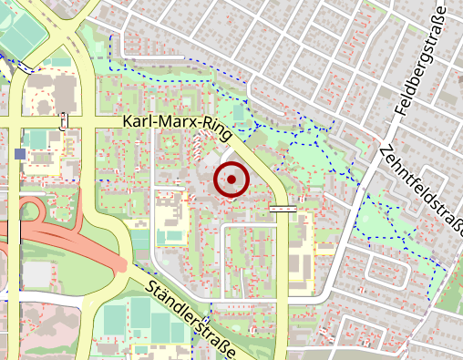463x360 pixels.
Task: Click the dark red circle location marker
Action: pos(231,180)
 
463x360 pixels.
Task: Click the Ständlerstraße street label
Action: pos(191,320)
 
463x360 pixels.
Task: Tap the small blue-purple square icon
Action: pos(20,154)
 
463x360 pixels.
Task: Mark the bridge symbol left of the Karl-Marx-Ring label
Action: pos(63,120)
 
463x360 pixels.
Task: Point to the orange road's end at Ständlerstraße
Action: pos(121,266)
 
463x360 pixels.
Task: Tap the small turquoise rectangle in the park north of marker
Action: pos(239,112)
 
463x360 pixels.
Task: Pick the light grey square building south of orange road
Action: pos(37,273)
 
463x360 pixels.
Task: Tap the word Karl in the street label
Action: pos(138,122)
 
